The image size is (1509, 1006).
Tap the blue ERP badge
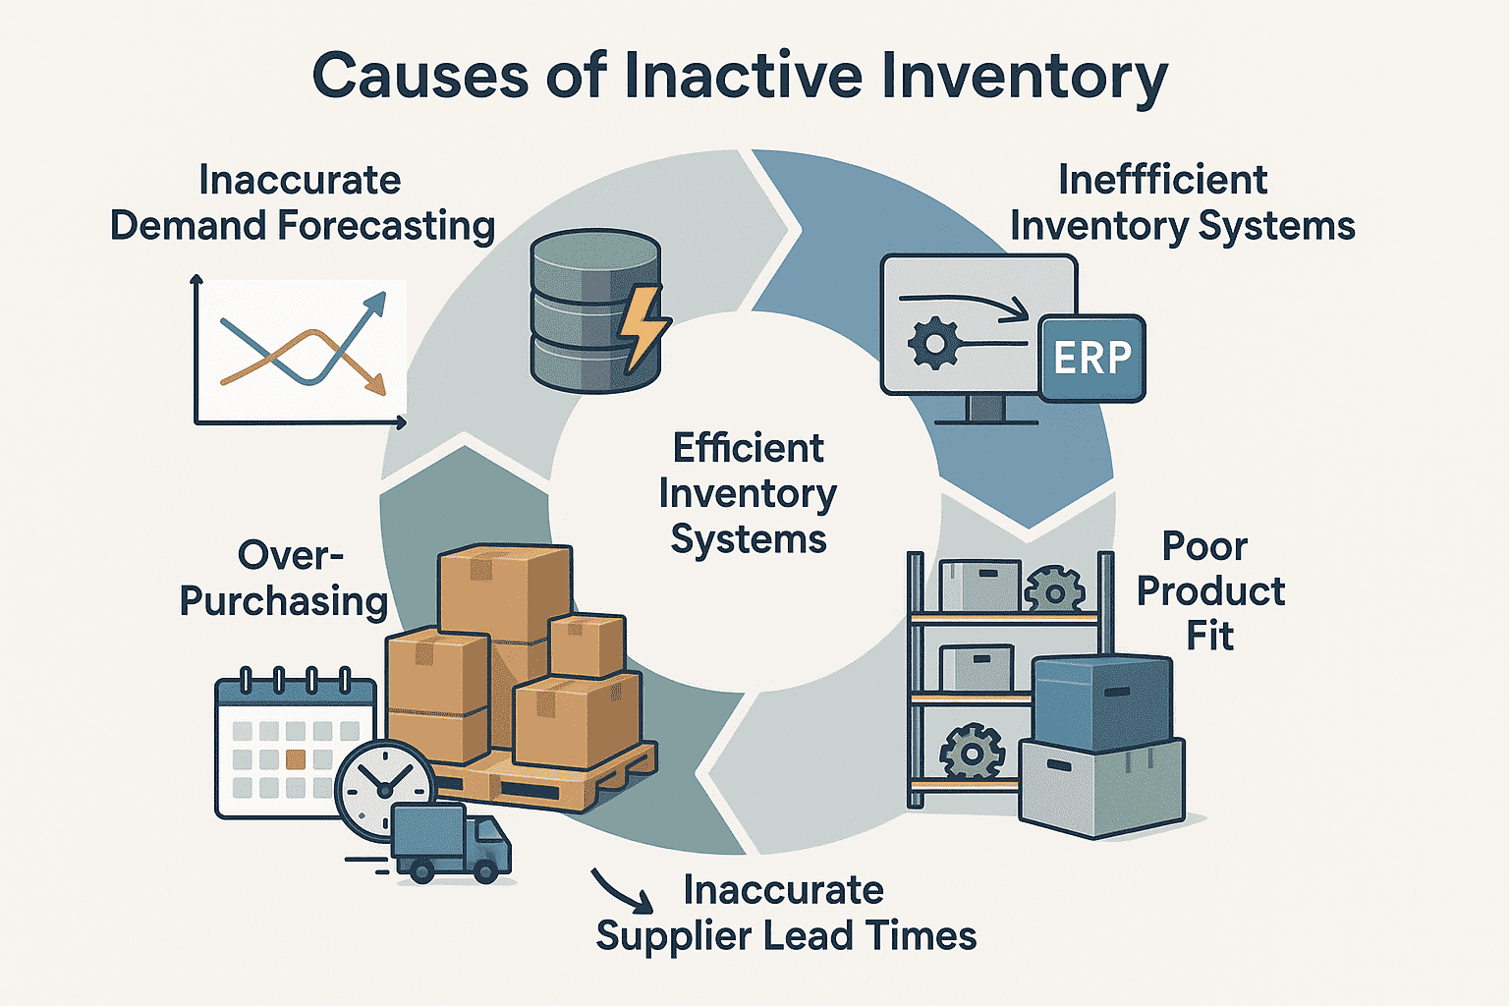click(1091, 359)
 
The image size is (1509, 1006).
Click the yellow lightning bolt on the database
click(643, 328)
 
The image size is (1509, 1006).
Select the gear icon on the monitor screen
click(932, 344)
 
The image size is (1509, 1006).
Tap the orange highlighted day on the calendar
click(295, 759)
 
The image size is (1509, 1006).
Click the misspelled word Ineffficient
click(1162, 181)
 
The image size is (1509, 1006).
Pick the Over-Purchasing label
click(285, 579)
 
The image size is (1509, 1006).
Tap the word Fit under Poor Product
click(1209, 636)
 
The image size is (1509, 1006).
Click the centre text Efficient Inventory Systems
click(749, 493)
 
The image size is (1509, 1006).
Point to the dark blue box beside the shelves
click(1102, 701)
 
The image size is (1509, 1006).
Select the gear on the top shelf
click(1054, 589)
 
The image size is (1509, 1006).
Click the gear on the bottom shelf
click(972, 753)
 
